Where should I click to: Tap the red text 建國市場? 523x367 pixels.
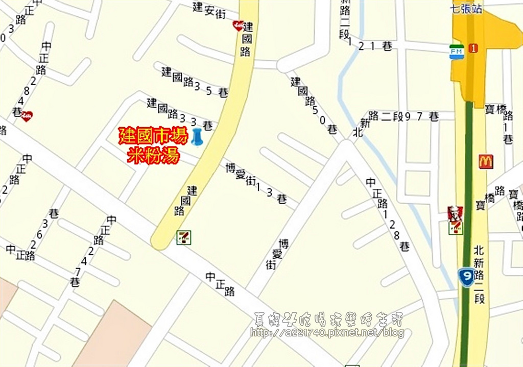click(x=153, y=137)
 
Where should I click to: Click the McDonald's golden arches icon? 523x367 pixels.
click(x=486, y=162)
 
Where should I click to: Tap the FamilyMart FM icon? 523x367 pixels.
click(x=456, y=52)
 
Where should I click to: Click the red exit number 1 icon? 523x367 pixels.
click(x=473, y=48)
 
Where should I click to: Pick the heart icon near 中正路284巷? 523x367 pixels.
click(x=27, y=116)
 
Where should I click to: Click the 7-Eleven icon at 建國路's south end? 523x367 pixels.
click(x=183, y=237)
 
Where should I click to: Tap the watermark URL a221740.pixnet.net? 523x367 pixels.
click(x=327, y=333)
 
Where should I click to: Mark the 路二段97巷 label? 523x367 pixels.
click(x=403, y=116)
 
